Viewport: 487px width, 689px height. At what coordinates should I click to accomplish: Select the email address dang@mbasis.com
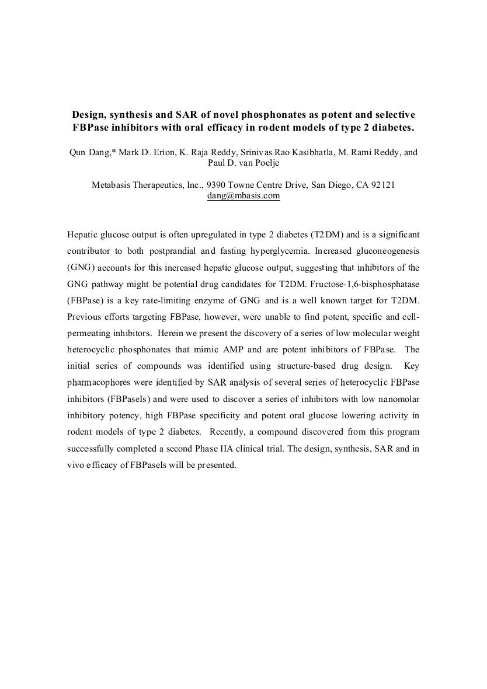click(243, 196)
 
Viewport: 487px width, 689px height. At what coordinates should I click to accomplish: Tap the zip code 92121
click(383, 185)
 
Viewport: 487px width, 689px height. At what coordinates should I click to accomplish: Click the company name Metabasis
click(113, 185)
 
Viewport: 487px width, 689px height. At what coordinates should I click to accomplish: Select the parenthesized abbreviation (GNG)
click(81, 268)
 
